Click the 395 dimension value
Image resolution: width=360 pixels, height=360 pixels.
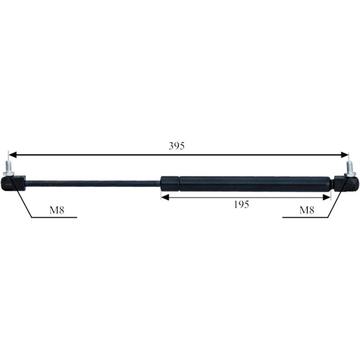(x=176, y=146)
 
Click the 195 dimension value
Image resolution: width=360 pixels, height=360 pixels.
(x=241, y=204)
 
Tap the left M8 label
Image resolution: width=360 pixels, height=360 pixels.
(x=57, y=210)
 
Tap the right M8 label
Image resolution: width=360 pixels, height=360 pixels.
(x=307, y=210)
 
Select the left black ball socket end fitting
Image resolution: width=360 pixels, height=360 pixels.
(x=13, y=183)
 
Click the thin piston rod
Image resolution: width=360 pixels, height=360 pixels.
(x=93, y=184)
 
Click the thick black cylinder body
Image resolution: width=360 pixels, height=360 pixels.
(x=255, y=184)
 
